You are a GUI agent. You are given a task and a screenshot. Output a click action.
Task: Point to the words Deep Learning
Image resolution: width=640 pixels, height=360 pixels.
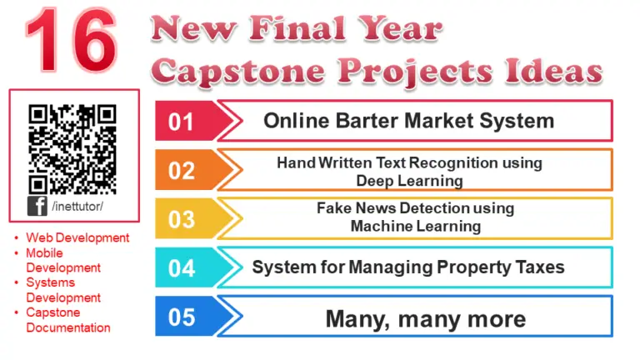click(x=409, y=180)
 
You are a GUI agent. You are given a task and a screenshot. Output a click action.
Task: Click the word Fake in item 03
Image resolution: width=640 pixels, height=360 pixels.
click(x=334, y=208)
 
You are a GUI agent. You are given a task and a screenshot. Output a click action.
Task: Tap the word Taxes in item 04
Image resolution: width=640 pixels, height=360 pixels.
click(x=537, y=267)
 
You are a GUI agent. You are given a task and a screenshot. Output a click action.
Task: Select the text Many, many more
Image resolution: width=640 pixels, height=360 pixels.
click(x=425, y=318)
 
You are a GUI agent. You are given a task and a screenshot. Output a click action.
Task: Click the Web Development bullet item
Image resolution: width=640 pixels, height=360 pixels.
click(x=77, y=237)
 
